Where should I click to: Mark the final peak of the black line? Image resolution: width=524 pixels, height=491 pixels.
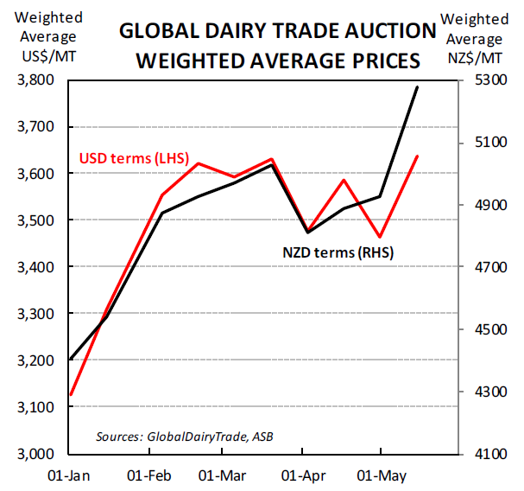[x=418, y=87]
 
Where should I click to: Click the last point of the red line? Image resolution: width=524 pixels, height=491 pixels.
[x=418, y=156]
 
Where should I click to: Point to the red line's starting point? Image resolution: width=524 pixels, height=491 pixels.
[x=71, y=395]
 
